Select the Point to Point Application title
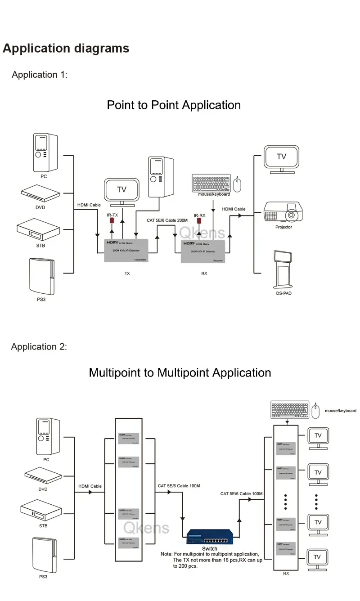pyautogui.click(x=174, y=105)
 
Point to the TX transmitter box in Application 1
pyautogui.click(x=126, y=251)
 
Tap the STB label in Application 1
pyautogui.click(x=40, y=246)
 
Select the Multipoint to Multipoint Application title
pyautogui.click(x=180, y=373)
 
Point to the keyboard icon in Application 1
pyautogui.click(x=211, y=183)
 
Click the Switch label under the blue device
pyautogui.click(x=210, y=549)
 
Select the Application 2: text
pyautogui.click(x=39, y=347)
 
